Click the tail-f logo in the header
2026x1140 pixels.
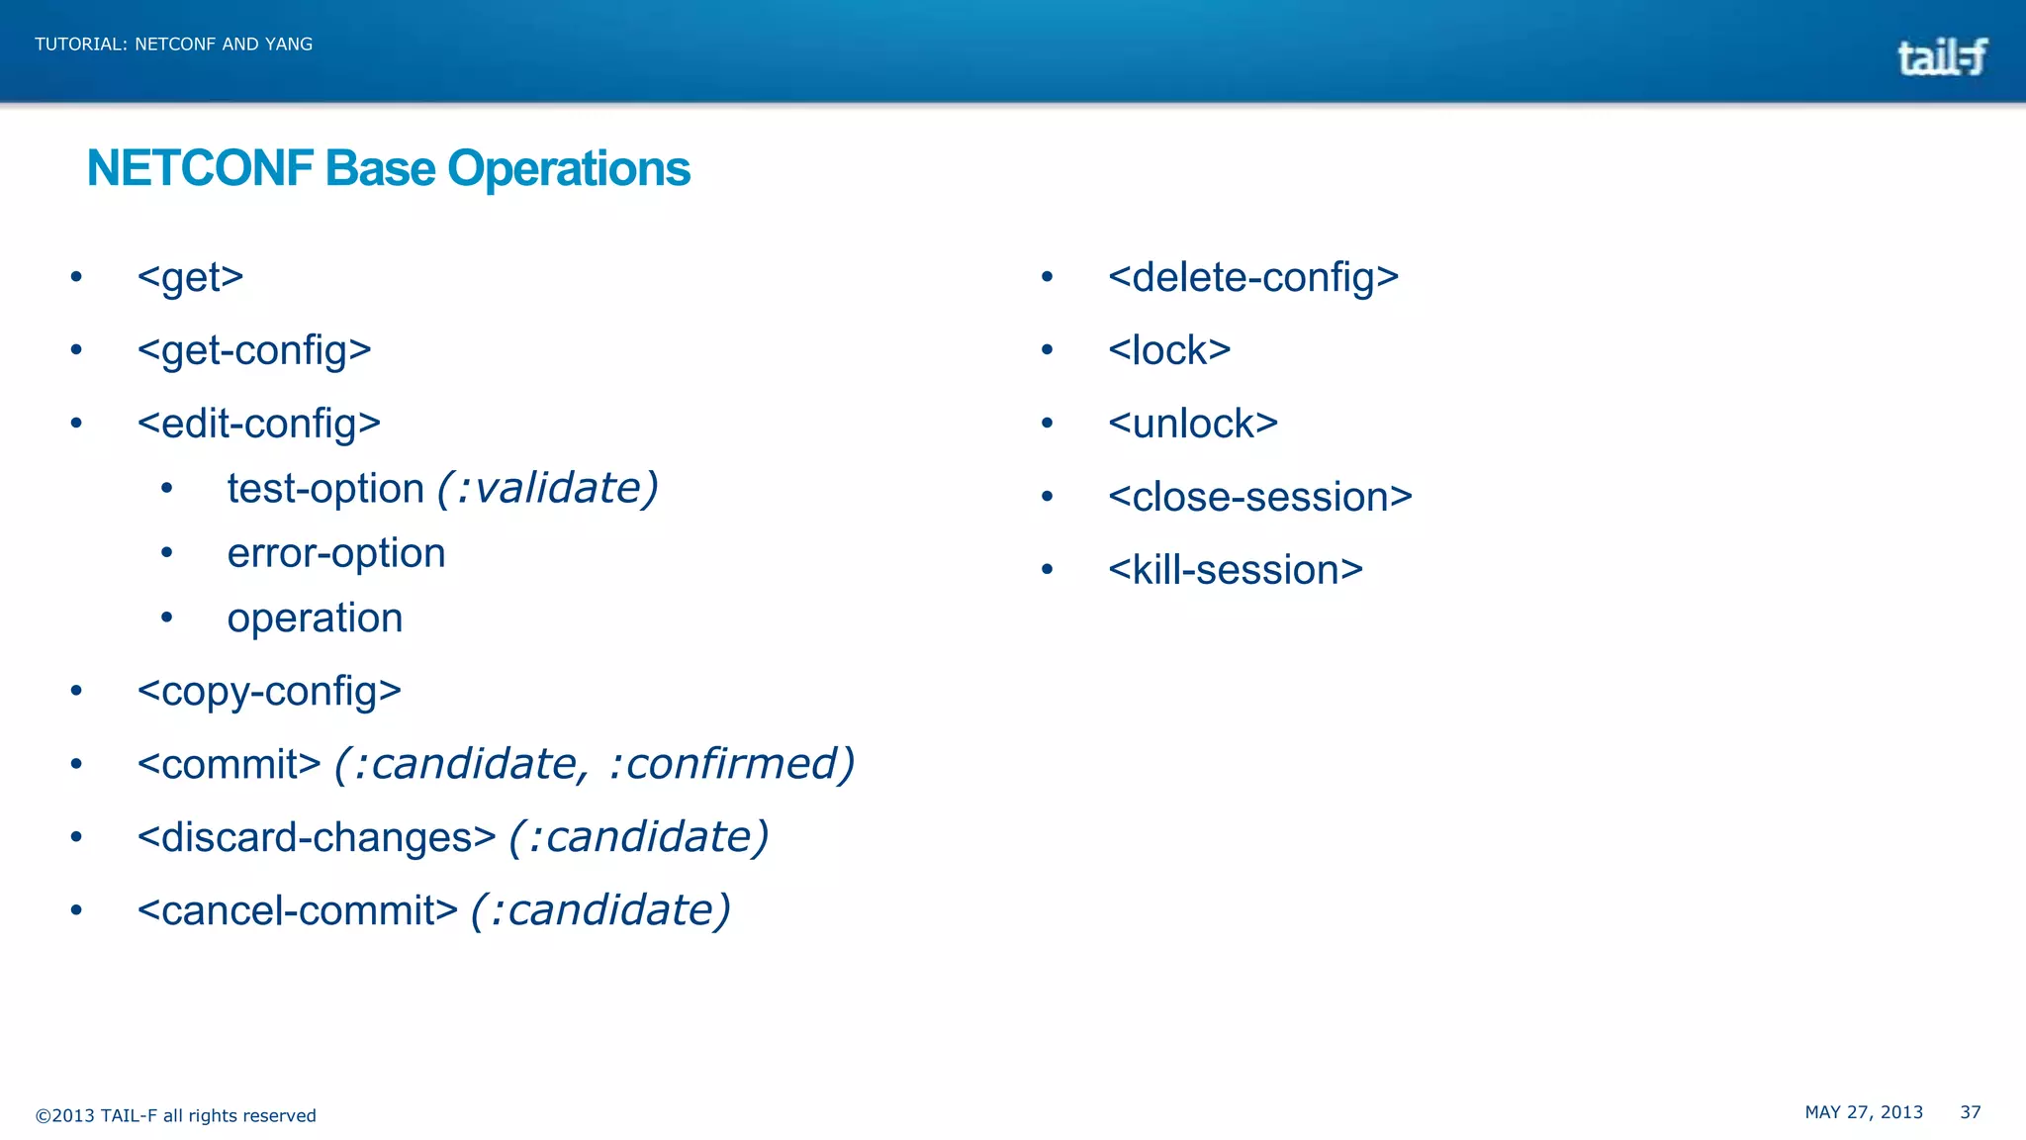(x=1942, y=57)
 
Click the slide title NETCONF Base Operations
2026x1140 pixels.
(x=389, y=168)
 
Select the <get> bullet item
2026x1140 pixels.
(x=191, y=277)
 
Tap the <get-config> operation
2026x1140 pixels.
(x=254, y=350)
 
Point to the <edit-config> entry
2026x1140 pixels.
(x=259, y=424)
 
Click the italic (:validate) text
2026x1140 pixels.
(x=547, y=488)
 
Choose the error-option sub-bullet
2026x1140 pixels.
(x=336, y=553)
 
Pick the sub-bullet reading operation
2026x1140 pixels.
(x=315, y=618)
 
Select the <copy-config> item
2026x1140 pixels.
(x=269, y=691)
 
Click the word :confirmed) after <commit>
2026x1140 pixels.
(x=731, y=764)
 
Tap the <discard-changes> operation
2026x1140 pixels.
(x=317, y=837)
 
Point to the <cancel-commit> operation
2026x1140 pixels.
(x=298, y=910)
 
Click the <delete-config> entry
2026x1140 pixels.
(x=1253, y=277)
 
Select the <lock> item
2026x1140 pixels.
(x=1169, y=350)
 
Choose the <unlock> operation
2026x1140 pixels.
(x=1193, y=424)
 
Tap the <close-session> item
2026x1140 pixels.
(x=1260, y=497)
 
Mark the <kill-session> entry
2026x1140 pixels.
(x=1236, y=570)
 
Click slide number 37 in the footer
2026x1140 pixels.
(x=1971, y=1112)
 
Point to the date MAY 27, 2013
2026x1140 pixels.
(x=1864, y=1112)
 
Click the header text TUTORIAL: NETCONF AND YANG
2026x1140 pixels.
(x=174, y=45)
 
